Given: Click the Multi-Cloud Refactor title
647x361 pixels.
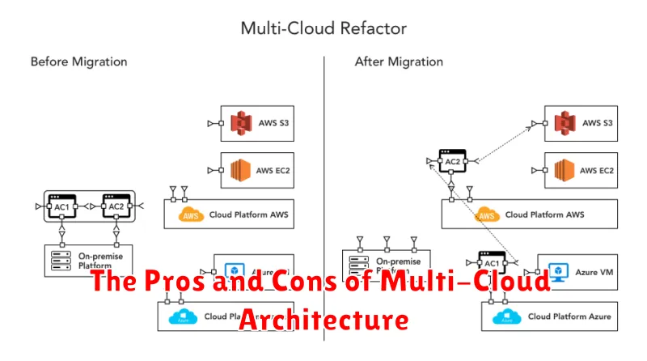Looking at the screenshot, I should (x=323, y=28).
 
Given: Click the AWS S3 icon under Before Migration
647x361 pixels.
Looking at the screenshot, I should (x=238, y=124).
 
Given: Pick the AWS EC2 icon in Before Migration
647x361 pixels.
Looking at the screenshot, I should (x=238, y=171).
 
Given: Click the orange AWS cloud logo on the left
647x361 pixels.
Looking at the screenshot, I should (x=191, y=215).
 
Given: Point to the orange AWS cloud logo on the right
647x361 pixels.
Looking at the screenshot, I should (x=486, y=215).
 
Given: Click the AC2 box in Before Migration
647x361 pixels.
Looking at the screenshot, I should (x=116, y=207).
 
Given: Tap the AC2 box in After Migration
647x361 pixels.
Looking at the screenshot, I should (x=453, y=161).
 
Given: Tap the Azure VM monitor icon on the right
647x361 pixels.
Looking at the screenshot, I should (x=556, y=270).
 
